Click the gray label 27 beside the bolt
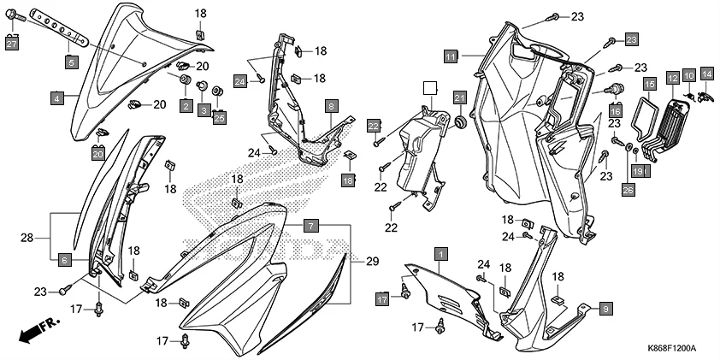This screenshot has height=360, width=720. (12, 44)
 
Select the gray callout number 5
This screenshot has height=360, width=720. (72, 62)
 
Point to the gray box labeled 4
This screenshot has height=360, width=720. (56, 99)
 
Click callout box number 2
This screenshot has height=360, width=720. (185, 105)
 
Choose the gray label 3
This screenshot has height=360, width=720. (204, 110)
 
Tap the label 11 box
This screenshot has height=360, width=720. (451, 56)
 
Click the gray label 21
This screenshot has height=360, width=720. (459, 97)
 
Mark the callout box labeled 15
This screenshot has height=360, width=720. (650, 83)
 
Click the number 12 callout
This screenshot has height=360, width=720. (673, 77)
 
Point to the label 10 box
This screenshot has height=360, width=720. (689, 77)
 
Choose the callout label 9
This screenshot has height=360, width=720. (605, 308)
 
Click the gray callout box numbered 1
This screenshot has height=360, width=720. (440, 254)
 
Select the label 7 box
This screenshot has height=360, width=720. (311, 226)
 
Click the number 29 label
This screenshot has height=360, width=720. (371, 260)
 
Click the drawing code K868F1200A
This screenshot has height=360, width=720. (671, 349)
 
